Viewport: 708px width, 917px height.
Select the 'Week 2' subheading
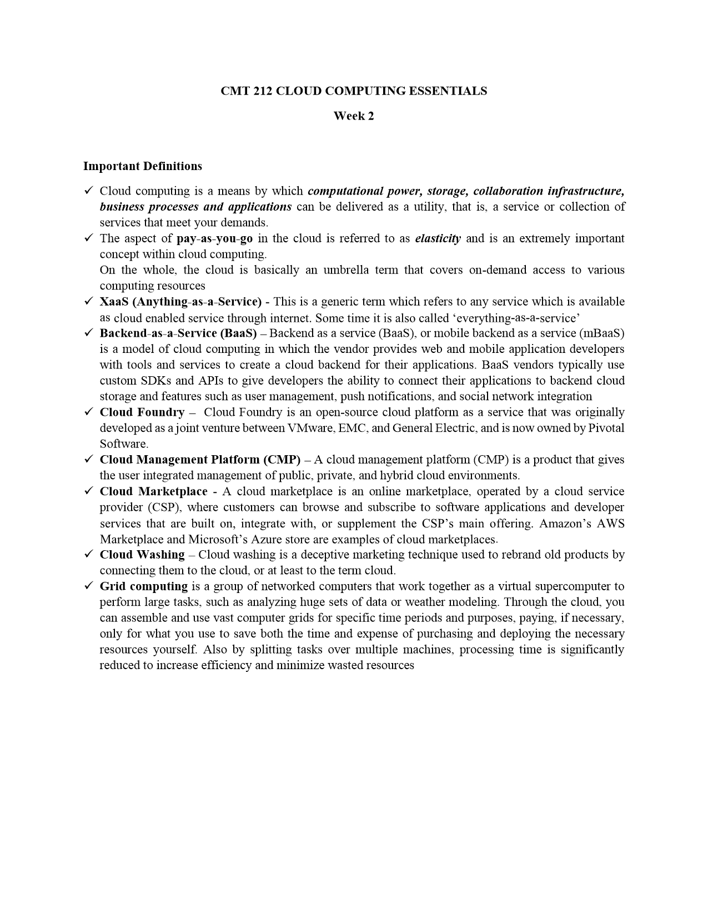click(x=354, y=116)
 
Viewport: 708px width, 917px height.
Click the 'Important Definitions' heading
click(x=143, y=166)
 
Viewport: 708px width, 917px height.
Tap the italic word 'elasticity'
click(x=438, y=238)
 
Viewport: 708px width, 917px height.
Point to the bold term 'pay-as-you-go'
click(x=214, y=238)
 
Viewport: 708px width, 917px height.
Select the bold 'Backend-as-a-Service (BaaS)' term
click(x=178, y=333)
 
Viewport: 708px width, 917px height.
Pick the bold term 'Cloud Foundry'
click(x=142, y=412)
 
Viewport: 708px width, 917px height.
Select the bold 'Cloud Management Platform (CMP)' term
click(x=200, y=460)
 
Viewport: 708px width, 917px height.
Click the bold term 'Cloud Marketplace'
click(x=153, y=492)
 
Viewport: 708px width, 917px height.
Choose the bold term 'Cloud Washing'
click(x=142, y=555)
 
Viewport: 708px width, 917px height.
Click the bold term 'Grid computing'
click(x=144, y=586)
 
